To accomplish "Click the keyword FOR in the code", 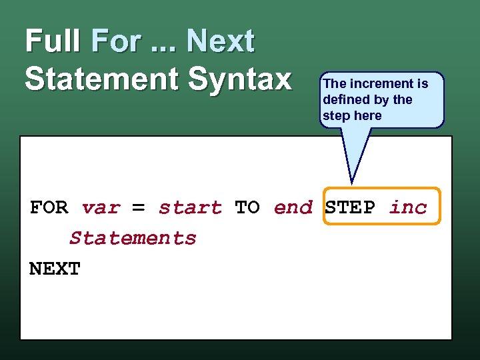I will click(x=49, y=207).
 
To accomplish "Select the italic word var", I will click(x=101, y=207).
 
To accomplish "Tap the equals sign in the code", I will click(x=139, y=207).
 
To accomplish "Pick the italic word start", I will click(x=190, y=207).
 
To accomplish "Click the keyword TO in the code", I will click(x=247, y=207).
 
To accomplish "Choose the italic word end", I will click(x=293, y=207).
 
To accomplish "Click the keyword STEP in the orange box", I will click(x=350, y=207).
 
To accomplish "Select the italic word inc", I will click(x=408, y=207).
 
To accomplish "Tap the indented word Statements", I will click(x=133, y=238).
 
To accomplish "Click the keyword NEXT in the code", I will click(x=55, y=269).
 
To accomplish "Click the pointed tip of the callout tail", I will click(x=351, y=183).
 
